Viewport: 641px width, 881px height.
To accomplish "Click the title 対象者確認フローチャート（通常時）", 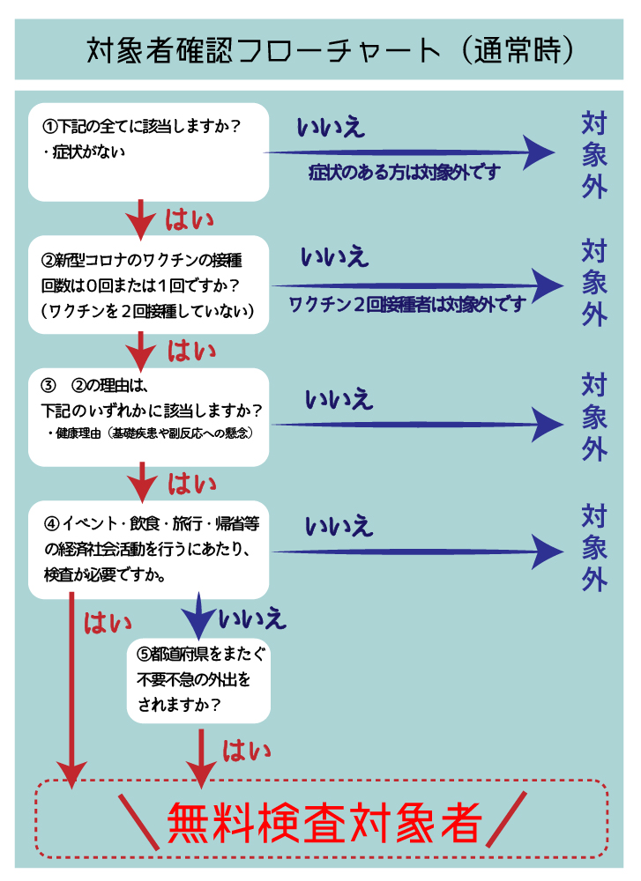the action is pyautogui.click(x=330, y=50).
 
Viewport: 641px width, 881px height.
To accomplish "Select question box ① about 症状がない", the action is pyautogui.click(x=148, y=152).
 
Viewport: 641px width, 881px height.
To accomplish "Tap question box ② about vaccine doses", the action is pyautogui.click(x=148, y=285).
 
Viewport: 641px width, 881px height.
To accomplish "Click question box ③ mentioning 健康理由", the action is pyautogui.click(x=148, y=418).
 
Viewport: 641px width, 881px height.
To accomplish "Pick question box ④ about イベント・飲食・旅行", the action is pyautogui.click(x=148, y=550).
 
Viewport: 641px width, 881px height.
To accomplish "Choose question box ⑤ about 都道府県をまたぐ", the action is pyautogui.click(x=198, y=680).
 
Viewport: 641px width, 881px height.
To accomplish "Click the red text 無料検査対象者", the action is pyautogui.click(x=324, y=823).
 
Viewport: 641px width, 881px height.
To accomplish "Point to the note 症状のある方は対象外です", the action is pyautogui.click(x=405, y=173).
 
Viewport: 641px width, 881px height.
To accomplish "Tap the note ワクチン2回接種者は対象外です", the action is pyautogui.click(x=407, y=305).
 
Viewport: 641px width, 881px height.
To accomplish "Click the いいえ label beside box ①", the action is pyautogui.click(x=331, y=128).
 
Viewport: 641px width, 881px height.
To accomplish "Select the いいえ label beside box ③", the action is pyautogui.click(x=339, y=399).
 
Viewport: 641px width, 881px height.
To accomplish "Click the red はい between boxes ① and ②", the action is pyautogui.click(x=190, y=219).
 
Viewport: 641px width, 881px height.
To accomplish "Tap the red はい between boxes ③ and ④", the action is pyautogui.click(x=191, y=484).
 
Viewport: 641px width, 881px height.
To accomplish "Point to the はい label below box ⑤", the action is pyautogui.click(x=246, y=751).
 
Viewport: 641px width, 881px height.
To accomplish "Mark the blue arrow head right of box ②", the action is pyautogui.click(x=547, y=286).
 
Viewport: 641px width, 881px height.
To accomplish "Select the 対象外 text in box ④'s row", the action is pyautogui.click(x=594, y=548).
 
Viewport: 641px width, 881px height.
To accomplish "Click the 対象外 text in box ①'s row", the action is pyautogui.click(x=594, y=155).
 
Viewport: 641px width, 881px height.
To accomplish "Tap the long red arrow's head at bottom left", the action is pyautogui.click(x=71, y=776).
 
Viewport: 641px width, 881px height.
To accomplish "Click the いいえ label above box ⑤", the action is pyautogui.click(x=252, y=618).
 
